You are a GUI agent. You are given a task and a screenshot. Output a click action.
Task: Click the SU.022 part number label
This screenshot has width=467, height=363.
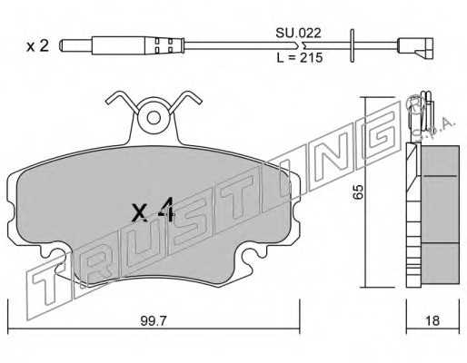[x=298, y=33]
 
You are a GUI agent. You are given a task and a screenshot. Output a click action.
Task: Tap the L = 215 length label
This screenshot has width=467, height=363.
[x=300, y=57]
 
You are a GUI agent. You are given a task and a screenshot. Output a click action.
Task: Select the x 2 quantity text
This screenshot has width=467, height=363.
[x=37, y=46]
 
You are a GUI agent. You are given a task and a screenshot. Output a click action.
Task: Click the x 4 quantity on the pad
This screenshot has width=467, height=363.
[x=154, y=210]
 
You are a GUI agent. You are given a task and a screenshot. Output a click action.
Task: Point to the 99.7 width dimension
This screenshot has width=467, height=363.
[x=154, y=321]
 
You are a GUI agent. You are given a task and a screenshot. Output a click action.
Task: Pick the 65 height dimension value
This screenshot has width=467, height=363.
[x=358, y=191]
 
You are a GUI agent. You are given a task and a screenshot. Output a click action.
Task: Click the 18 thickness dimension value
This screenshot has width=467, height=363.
[x=432, y=320]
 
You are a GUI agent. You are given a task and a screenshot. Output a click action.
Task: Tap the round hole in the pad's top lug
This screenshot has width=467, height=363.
[x=154, y=118]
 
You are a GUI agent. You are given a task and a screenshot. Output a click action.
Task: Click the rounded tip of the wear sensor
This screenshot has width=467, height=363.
[x=62, y=45]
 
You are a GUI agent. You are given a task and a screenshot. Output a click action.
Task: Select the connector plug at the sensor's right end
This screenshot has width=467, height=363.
[x=415, y=48]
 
